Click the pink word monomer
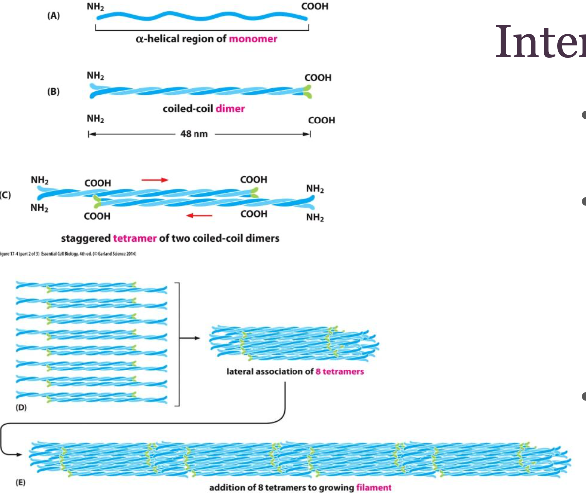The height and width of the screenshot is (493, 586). (x=253, y=39)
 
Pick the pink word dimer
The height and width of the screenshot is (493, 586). (x=230, y=108)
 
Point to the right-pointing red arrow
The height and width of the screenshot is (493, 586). (x=155, y=179)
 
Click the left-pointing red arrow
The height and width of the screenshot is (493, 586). (x=199, y=215)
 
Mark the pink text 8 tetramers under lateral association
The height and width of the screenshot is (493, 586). (x=340, y=371)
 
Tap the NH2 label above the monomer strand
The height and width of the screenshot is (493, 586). (x=102, y=7)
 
